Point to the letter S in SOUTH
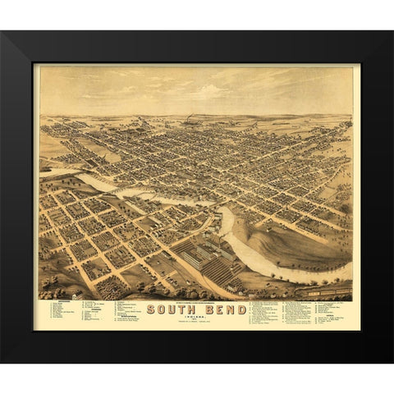[x=151, y=309]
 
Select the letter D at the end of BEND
[x=235, y=309]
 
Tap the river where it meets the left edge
[x=43, y=173]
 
